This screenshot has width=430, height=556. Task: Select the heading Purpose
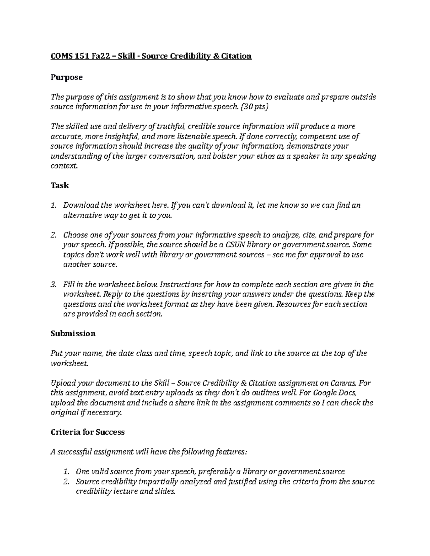[67, 77]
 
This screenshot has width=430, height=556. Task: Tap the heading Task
[59, 185]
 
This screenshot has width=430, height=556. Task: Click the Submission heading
[73, 334]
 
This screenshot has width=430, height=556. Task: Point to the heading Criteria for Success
[87, 432]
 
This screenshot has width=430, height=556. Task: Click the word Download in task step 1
[81, 206]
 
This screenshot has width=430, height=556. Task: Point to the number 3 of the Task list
[53, 285]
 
